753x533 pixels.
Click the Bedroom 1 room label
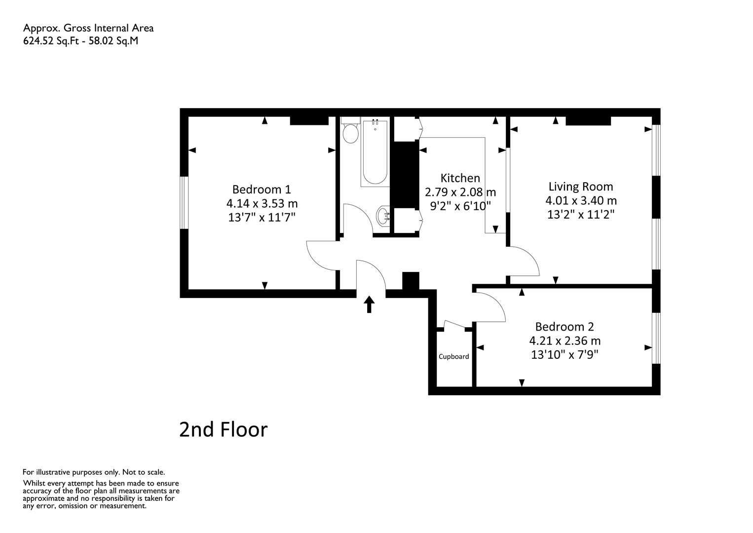click(x=262, y=190)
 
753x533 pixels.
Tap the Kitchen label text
click(x=460, y=178)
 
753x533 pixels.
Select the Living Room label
click(x=581, y=187)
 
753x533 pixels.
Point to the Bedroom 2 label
click(x=565, y=327)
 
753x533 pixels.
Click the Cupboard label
click(x=453, y=356)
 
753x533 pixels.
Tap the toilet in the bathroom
click(x=351, y=131)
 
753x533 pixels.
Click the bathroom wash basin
click(x=383, y=216)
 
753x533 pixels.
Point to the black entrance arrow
click(x=369, y=305)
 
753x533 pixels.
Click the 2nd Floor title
click(x=223, y=430)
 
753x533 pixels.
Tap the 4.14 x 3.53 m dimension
click(x=262, y=204)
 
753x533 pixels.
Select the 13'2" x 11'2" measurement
click(x=581, y=215)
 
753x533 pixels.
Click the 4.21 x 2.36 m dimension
click(x=565, y=341)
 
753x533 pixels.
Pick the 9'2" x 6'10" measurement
click(x=460, y=206)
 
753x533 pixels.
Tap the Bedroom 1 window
click(x=184, y=203)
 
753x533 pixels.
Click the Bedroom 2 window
click(x=656, y=338)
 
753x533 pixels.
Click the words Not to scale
click(x=144, y=472)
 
